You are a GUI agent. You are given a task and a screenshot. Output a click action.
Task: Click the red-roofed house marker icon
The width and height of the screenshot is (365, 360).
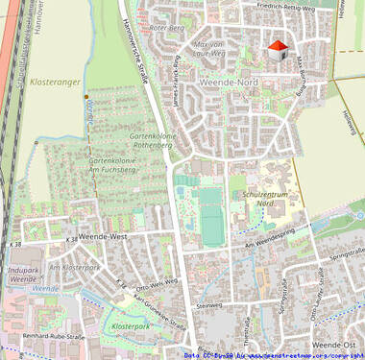(x=277, y=51)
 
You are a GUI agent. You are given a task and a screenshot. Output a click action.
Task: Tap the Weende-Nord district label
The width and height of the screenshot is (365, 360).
(x=228, y=83)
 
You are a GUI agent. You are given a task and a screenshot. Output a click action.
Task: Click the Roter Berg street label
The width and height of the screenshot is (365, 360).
(x=166, y=29)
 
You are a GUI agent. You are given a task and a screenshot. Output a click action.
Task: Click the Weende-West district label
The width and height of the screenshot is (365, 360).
(x=103, y=235)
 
